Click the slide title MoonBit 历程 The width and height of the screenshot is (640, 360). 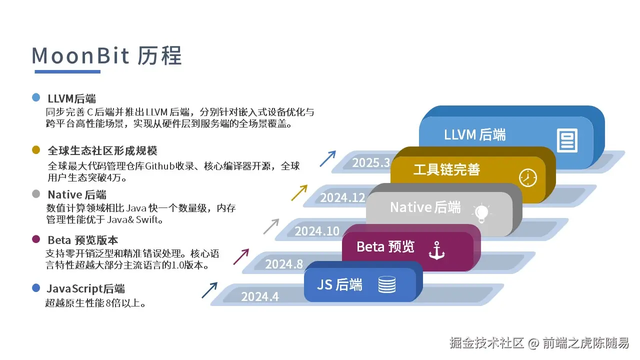pyautogui.click(x=106, y=55)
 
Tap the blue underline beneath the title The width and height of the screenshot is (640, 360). pyautogui.click(x=67, y=71)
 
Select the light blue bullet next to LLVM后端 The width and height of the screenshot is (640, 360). pyautogui.click(x=36, y=97)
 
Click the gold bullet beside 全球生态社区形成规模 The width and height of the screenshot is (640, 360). pyautogui.click(x=36, y=149)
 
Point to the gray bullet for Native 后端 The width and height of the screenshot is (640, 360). pyautogui.click(x=36, y=194)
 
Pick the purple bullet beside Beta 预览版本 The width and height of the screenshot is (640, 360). pyautogui.click(x=36, y=239)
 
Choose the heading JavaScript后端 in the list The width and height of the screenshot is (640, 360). pyautogui.click(x=85, y=288)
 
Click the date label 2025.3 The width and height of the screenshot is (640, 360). pyautogui.click(x=371, y=163)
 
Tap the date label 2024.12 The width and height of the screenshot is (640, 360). pyautogui.click(x=342, y=197)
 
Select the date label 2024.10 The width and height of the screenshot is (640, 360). pyautogui.click(x=317, y=231)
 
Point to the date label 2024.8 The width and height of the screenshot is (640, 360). pyautogui.click(x=284, y=264)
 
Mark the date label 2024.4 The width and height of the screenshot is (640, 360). pyautogui.click(x=259, y=296)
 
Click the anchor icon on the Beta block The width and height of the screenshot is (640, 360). pyautogui.click(x=436, y=250)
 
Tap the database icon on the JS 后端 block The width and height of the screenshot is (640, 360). pyautogui.click(x=387, y=284)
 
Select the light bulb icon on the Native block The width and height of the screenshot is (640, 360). pyautogui.click(x=481, y=213)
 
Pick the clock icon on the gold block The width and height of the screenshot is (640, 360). pyautogui.click(x=527, y=178)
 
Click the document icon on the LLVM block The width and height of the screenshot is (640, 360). pyautogui.click(x=567, y=140)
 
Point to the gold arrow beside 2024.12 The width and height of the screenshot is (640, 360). pyautogui.click(x=299, y=192)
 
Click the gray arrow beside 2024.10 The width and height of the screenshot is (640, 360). pyautogui.click(x=271, y=226)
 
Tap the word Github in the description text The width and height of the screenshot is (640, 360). pyautogui.click(x=160, y=166)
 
